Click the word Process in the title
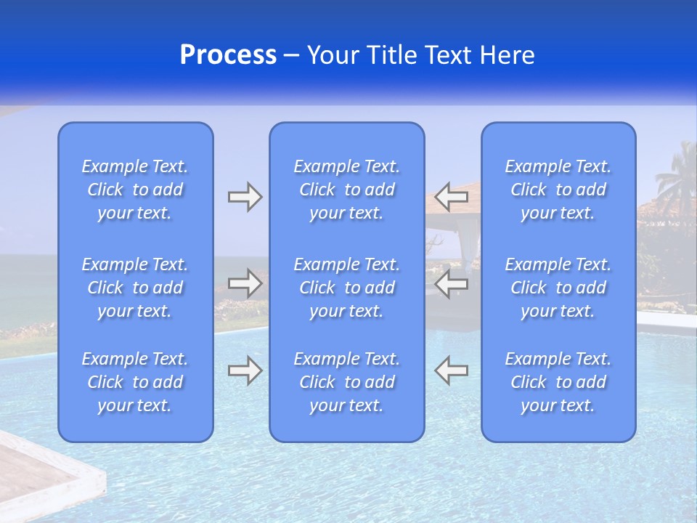[x=228, y=55]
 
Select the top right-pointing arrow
[x=245, y=197]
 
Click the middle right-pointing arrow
[x=245, y=283]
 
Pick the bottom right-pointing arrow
[x=245, y=370]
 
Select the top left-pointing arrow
[x=451, y=197]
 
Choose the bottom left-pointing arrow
[x=451, y=370]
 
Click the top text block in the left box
[x=135, y=190]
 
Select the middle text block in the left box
[x=135, y=288]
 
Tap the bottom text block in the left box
[x=135, y=382]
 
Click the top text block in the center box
[x=346, y=190]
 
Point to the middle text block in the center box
[x=346, y=288]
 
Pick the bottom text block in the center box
[x=346, y=382]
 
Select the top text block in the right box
[x=558, y=190]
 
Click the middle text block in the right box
[x=558, y=288]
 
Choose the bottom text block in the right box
[x=558, y=382]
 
